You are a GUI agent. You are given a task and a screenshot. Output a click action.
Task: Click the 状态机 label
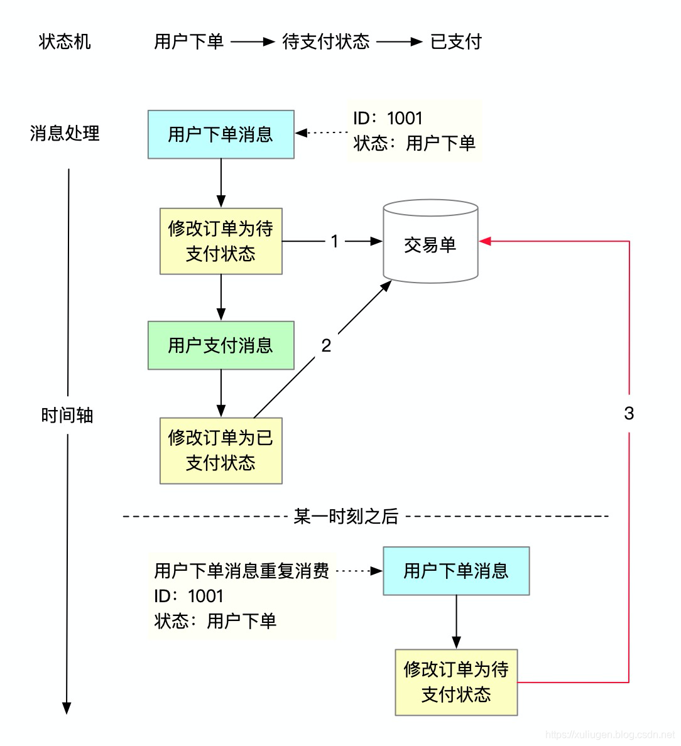(x=65, y=41)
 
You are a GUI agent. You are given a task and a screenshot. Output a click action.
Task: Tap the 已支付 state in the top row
(x=456, y=41)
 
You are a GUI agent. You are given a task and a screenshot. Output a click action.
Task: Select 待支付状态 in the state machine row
(x=326, y=41)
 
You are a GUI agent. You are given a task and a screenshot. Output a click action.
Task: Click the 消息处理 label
(x=65, y=133)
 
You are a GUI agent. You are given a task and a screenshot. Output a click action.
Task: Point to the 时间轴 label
(x=67, y=415)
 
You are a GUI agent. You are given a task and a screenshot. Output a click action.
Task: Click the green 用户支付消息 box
(x=221, y=345)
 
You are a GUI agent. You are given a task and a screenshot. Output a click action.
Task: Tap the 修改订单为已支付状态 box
(x=221, y=450)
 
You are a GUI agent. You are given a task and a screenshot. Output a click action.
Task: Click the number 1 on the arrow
(x=335, y=241)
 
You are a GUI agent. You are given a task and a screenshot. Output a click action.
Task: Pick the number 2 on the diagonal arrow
(x=326, y=345)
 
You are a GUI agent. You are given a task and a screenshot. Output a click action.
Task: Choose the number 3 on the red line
(x=629, y=413)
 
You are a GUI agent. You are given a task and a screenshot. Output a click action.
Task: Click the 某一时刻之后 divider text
(x=346, y=516)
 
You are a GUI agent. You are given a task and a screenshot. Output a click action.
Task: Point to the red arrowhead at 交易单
(x=484, y=241)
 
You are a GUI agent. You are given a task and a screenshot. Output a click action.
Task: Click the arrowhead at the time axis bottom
(x=67, y=708)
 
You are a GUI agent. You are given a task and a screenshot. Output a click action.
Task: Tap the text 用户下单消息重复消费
(x=242, y=571)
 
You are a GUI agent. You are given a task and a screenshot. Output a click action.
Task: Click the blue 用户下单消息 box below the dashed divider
(x=456, y=571)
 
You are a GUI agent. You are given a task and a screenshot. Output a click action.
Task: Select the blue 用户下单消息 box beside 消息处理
(x=221, y=134)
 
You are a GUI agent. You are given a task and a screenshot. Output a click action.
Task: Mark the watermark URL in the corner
(x=609, y=734)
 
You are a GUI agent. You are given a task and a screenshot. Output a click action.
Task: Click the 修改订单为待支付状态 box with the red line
(x=456, y=682)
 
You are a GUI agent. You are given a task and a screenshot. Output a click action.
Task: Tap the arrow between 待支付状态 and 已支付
(x=400, y=41)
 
